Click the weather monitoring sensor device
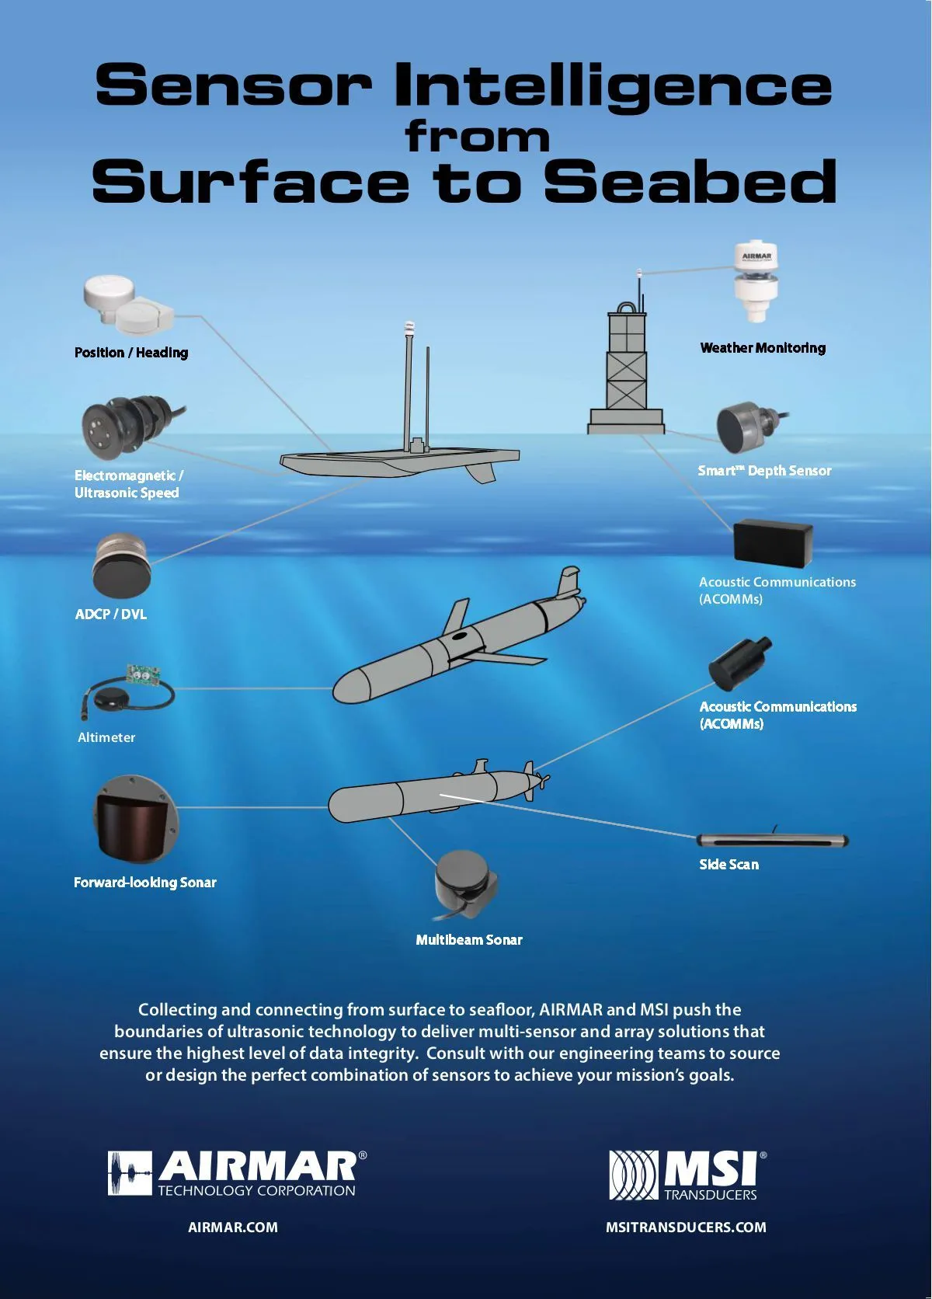(x=756, y=280)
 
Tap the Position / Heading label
(x=131, y=353)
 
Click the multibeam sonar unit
(x=465, y=885)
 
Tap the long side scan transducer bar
(x=773, y=840)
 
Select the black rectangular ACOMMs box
(x=773, y=541)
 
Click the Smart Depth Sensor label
(x=764, y=471)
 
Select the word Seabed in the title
(x=690, y=182)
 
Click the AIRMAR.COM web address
(x=233, y=1228)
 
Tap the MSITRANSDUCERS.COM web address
(x=686, y=1228)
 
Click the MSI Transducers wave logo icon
(x=633, y=1175)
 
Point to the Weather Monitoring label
(x=763, y=348)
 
